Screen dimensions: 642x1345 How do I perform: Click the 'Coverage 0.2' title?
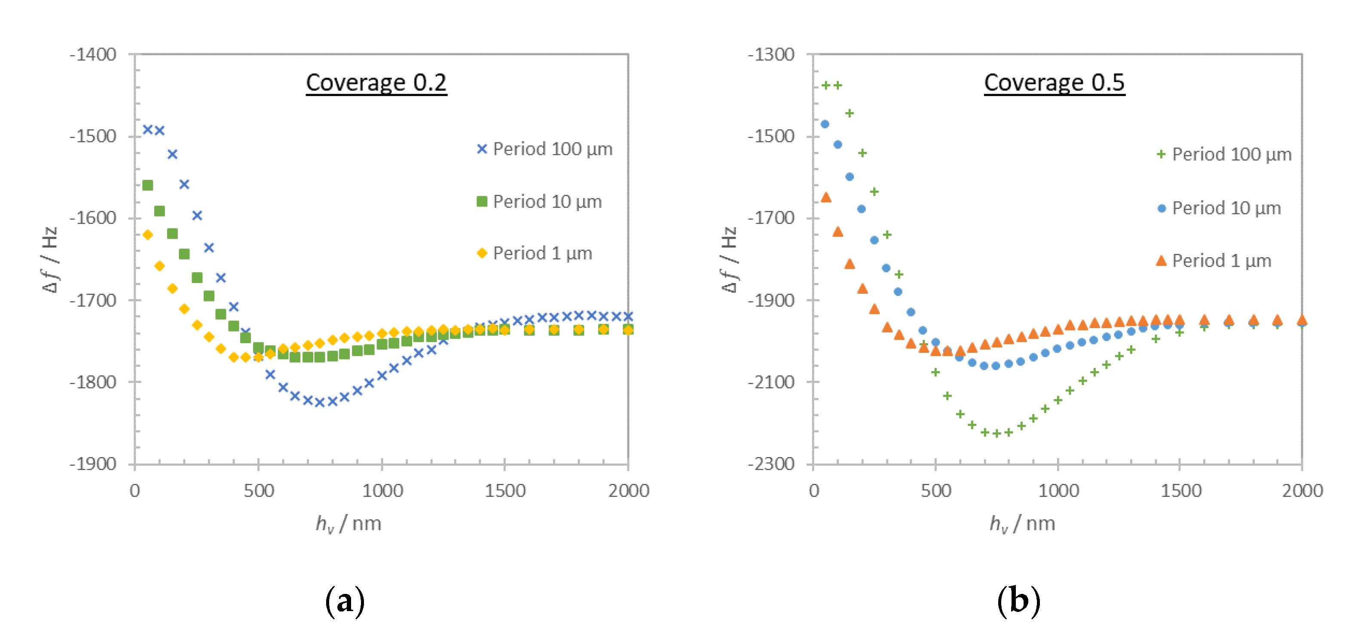376,82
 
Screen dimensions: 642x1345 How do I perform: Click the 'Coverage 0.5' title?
1054,82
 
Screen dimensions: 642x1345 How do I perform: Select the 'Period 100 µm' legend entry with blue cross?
544,149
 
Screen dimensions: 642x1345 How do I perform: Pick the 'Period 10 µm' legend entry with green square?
539,201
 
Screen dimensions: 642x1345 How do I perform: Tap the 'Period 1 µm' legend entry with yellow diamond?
534,253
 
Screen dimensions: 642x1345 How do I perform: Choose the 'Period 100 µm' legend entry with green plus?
1224,155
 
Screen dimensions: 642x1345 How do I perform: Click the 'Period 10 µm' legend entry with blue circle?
1219,208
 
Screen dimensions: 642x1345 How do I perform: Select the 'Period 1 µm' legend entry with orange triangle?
1214,261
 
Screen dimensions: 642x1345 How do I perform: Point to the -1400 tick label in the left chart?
93,54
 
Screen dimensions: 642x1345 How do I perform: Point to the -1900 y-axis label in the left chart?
93,463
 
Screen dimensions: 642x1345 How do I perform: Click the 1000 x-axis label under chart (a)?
382,491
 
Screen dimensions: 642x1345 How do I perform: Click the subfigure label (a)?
345,601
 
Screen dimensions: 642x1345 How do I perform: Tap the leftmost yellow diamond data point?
148,235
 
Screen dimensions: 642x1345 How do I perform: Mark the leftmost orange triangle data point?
825,197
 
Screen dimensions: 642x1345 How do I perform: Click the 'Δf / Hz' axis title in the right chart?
728,259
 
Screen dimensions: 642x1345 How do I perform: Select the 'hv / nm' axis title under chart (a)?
348,523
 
